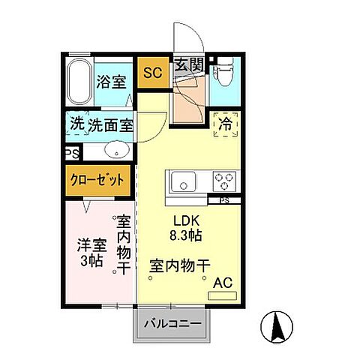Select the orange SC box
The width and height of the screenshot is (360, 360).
click(153, 73)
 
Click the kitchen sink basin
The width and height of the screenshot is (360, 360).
click(183, 181)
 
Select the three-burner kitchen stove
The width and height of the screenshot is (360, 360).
click(224, 181)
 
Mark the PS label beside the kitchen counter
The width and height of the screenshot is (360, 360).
click(224, 201)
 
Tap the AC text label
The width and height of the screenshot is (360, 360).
click(223, 283)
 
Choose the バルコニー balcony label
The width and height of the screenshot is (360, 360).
click(172, 324)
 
